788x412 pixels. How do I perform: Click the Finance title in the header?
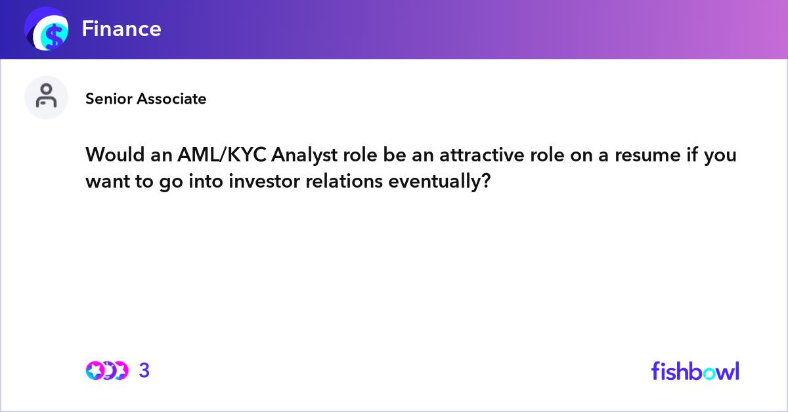[121, 29]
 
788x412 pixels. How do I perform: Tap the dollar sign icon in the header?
[47, 29]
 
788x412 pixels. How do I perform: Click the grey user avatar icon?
[46, 97]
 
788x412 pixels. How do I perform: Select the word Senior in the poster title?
[108, 99]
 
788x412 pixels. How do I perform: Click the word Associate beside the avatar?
[171, 99]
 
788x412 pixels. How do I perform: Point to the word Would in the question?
[115, 154]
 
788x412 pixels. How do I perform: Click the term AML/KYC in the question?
[222, 155]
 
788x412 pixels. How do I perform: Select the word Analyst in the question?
[304, 155]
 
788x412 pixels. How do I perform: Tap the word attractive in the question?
[481, 155]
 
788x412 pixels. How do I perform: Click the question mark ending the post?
[486, 181]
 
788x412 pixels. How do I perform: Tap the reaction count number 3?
[144, 371]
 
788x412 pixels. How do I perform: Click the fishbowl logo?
[695, 371]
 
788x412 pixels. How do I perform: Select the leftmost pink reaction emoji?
[95, 371]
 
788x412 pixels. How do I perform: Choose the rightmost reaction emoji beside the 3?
[120, 371]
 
